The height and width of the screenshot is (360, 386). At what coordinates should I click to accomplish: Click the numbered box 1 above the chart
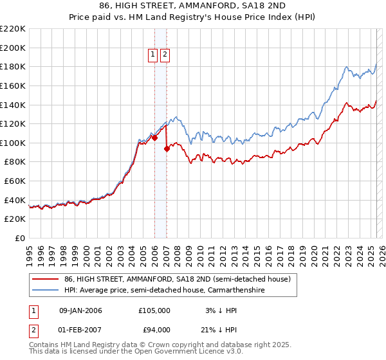click(154, 55)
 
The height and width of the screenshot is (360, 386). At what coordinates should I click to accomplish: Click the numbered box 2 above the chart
click(165, 55)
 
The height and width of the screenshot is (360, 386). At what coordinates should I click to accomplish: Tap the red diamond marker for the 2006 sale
click(154, 138)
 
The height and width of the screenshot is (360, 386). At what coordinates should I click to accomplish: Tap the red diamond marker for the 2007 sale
click(167, 148)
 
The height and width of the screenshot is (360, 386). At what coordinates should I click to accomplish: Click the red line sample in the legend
click(45, 279)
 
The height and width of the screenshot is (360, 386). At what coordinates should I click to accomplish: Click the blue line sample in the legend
click(45, 291)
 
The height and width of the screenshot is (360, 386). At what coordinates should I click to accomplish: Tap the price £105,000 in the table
click(154, 310)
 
